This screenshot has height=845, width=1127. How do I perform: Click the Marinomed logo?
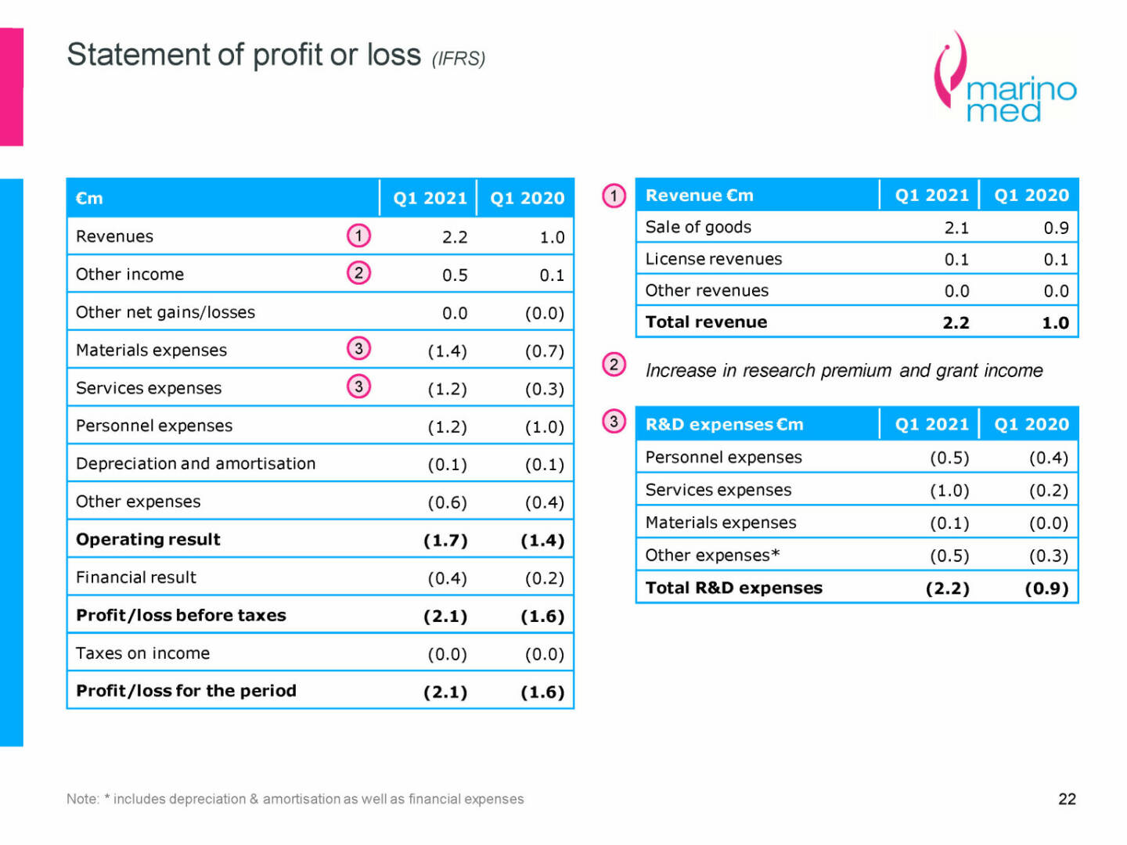point(1005,79)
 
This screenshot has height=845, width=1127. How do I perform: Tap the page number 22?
point(1067,799)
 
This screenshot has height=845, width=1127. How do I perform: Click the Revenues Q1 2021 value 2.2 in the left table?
point(454,237)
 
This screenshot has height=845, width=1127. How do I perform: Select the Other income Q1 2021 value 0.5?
point(454,275)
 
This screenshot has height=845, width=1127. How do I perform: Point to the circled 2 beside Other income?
point(358,273)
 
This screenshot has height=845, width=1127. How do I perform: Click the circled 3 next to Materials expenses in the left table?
point(358,349)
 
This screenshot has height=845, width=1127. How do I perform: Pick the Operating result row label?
point(148,539)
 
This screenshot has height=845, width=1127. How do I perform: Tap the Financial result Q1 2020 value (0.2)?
point(544,578)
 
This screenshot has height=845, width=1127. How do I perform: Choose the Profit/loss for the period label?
point(185,691)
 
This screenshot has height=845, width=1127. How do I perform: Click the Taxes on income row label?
point(142,653)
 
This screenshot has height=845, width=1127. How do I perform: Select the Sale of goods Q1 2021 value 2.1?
point(956,228)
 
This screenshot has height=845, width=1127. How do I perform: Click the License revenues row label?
point(713,259)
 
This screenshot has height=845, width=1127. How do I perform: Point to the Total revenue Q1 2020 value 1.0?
point(1055,322)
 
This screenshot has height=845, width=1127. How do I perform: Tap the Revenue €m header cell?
point(699,196)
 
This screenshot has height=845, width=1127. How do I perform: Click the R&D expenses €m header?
point(724,424)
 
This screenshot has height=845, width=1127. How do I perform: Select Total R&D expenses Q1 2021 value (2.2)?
point(947,588)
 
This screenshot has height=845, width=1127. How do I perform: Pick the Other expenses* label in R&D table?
point(712,556)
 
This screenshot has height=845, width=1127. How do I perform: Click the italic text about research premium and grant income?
point(844,370)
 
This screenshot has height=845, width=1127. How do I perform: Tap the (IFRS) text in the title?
point(459,59)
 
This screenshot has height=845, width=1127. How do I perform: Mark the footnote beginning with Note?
point(295,799)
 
